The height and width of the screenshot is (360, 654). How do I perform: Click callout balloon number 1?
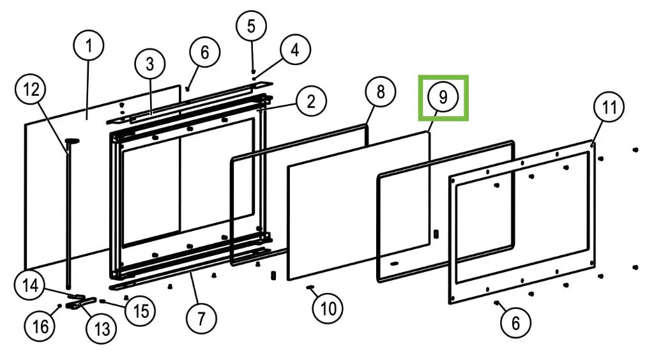89,47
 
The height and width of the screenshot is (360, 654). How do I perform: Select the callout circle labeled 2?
310,101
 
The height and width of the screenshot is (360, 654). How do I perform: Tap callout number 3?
149,64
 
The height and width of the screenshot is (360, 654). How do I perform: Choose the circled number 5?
251,26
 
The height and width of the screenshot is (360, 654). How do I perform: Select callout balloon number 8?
381,92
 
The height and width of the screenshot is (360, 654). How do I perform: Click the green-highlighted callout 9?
443,97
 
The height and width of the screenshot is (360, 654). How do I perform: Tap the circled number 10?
328,309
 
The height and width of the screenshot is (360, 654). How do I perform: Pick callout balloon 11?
609,107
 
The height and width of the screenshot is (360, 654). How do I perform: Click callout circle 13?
102,329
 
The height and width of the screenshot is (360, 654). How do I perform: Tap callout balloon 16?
40,326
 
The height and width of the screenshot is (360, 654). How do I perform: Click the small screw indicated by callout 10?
310,288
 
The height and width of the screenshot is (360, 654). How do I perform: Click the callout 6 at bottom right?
515,323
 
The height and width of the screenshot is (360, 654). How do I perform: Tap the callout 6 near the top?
204,52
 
